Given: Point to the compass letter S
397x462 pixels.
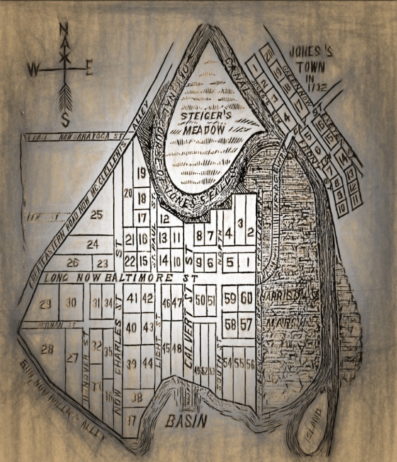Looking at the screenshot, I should pos(65,120).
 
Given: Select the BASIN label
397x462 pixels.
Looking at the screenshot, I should pos(186,421).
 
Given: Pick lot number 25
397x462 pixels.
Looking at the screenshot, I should pos(97,215).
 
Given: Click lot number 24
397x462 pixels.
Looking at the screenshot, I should pos(92,245).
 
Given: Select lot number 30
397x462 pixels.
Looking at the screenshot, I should pos(71,303).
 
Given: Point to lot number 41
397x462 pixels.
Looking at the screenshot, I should pos(132,298).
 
